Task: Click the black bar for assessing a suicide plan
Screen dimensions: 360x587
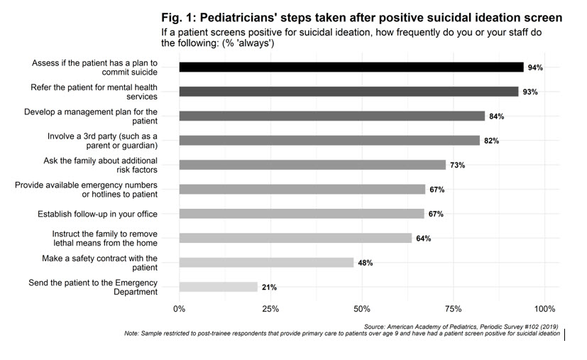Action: tap(351, 67)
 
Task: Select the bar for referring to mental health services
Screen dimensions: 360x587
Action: tap(349, 92)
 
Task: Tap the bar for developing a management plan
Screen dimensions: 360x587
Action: tap(331, 116)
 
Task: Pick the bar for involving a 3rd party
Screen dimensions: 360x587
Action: tap(329, 141)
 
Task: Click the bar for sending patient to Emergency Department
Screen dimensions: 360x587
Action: tap(218, 287)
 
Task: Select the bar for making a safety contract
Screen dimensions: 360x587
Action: tap(266, 263)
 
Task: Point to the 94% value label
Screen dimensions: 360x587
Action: tap(534, 67)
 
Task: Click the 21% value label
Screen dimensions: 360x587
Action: tap(268, 287)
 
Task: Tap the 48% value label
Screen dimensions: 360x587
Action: tap(365, 263)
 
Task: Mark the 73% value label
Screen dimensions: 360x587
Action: tap(457, 165)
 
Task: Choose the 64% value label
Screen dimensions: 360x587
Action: tap(424, 239)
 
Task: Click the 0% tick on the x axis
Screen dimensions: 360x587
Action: tap(179, 309)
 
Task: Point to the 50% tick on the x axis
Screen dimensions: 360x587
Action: tap(362, 309)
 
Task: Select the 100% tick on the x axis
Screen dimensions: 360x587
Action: tap(545, 309)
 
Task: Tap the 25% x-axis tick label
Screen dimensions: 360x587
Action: tap(270, 309)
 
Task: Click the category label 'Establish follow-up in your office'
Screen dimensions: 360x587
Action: tap(97, 214)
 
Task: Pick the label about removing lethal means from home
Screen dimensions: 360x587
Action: tap(105, 239)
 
